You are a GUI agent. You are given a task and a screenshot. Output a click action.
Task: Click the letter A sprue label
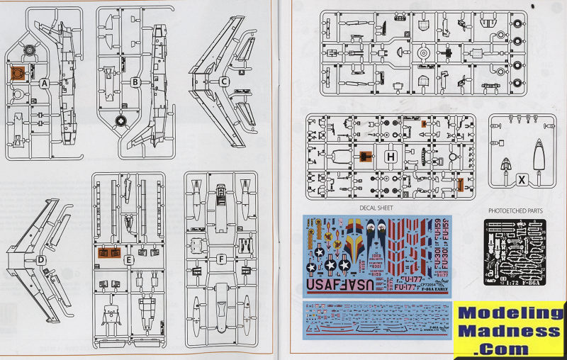pyautogui.click(x=44, y=83)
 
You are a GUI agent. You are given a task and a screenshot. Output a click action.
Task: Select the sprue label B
pyautogui.click(x=135, y=81)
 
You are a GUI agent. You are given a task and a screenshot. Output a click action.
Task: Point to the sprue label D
pyautogui.click(x=41, y=259)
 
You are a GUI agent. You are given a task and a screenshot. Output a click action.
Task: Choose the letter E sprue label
pyautogui.click(x=129, y=260)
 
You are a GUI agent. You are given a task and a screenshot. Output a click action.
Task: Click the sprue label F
pyautogui.click(x=221, y=259)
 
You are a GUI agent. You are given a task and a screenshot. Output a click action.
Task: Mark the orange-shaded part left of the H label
pyautogui.click(x=366, y=157)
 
